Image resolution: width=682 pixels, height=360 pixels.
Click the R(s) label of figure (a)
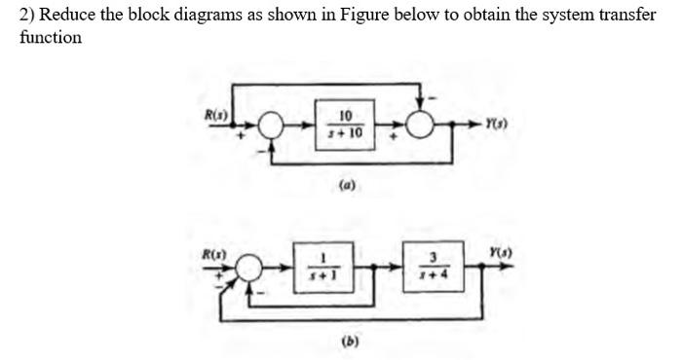point(213,115)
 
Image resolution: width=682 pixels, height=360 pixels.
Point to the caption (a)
point(346,182)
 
